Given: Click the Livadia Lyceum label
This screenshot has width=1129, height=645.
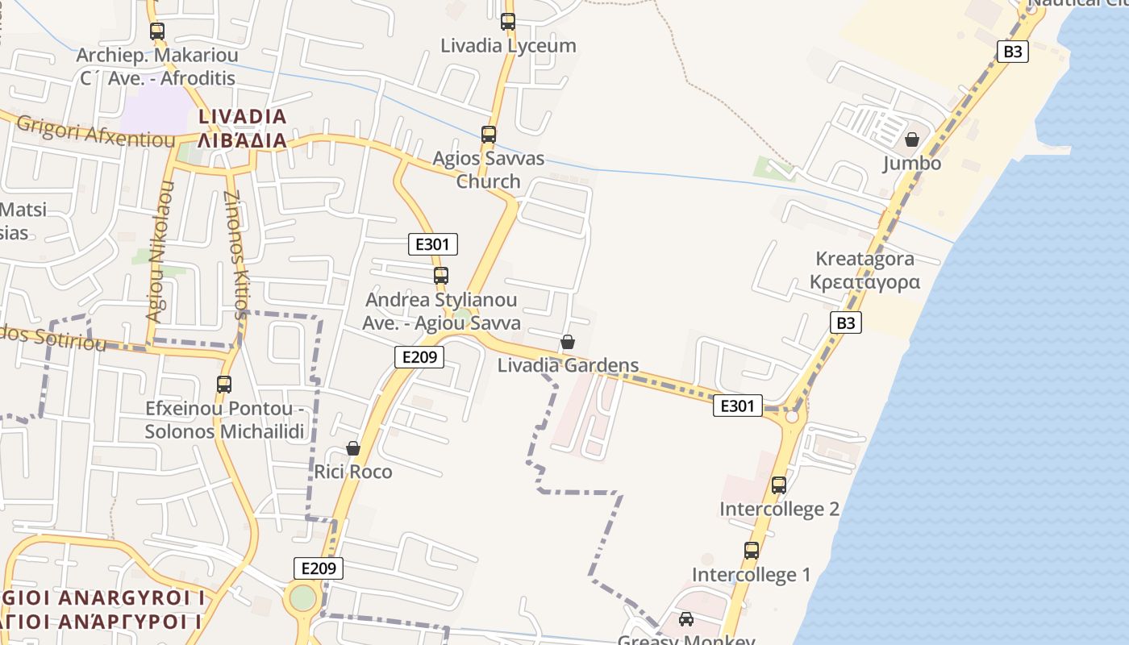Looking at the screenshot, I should [508, 46].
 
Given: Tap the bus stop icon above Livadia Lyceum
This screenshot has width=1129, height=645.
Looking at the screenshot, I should [508, 22].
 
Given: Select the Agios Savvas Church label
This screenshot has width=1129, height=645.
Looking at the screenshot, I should [489, 170].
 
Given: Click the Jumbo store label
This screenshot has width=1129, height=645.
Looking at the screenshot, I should [912, 164].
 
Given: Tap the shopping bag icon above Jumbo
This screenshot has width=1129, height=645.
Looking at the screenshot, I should [912, 139].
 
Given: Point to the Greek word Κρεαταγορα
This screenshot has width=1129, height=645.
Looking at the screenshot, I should [864, 282].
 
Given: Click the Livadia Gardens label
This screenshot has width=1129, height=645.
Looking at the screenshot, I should [568, 365].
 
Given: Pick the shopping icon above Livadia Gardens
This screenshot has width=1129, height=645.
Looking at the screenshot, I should [568, 342].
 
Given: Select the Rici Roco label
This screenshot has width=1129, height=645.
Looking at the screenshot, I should [353, 472].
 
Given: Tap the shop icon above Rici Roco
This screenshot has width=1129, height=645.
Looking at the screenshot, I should [353, 448].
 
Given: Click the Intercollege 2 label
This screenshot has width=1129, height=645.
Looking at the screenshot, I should [779, 510].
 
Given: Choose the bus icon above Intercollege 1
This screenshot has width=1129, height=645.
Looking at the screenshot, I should [752, 551].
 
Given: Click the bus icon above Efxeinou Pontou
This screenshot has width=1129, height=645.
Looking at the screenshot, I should [224, 385].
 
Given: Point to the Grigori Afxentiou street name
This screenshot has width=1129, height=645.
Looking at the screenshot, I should [95, 131].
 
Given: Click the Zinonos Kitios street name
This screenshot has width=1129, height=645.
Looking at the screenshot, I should [235, 255].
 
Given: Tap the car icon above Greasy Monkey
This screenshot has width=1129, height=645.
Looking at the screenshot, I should [686, 619].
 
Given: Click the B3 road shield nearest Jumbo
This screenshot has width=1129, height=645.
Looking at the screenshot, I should [1013, 52].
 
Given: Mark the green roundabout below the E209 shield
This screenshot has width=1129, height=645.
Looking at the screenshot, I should [303, 598].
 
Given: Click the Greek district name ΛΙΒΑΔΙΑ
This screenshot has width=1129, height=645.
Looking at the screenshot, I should [243, 141].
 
